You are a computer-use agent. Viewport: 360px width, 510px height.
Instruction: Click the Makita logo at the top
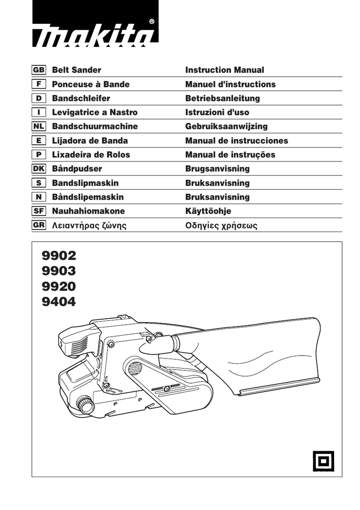pyautogui.click(x=95, y=35)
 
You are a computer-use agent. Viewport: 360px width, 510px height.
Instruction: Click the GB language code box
pyautogui.click(x=39, y=70)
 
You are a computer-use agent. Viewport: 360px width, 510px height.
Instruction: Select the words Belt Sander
pyautogui.click(x=77, y=70)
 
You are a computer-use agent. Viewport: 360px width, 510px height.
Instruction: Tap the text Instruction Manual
pyautogui.click(x=225, y=70)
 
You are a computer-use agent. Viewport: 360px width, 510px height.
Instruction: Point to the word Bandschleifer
pyautogui.click(x=81, y=99)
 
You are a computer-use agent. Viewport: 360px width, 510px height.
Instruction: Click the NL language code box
pyautogui.click(x=39, y=127)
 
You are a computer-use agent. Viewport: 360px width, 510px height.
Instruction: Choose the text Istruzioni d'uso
pyautogui.click(x=217, y=113)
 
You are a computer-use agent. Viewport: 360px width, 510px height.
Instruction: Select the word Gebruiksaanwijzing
pyautogui.click(x=226, y=127)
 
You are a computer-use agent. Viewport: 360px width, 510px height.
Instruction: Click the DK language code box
pyautogui.click(x=39, y=169)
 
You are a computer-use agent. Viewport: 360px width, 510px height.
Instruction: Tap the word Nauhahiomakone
pyautogui.click(x=89, y=211)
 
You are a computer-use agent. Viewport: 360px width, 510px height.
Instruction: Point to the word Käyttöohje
pyautogui.click(x=208, y=211)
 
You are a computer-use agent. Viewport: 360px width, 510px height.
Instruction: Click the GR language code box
pyautogui.click(x=39, y=225)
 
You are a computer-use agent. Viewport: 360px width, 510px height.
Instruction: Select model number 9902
pyautogui.click(x=59, y=256)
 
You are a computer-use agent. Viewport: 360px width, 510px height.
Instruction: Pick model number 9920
pyautogui.click(x=59, y=286)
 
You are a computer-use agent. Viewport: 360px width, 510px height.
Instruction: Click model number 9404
pyautogui.click(x=59, y=301)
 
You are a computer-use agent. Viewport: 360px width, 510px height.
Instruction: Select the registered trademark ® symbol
pyautogui.click(x=151, y=21)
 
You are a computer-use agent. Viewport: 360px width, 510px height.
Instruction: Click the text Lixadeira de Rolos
pyautogui.click(x=91, y=155)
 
